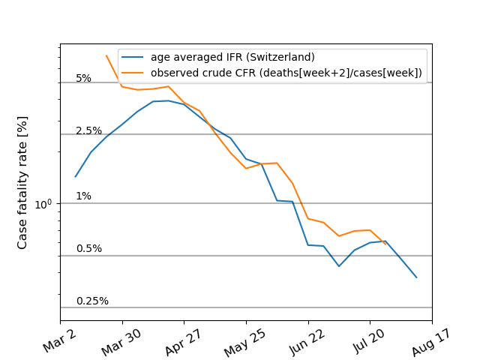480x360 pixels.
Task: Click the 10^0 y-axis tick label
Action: tap(46, 203)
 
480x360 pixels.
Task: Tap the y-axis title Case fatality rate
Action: tap(22, 182)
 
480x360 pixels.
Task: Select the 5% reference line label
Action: tap(83, 79)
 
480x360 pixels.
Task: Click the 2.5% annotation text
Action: tap(88, 131)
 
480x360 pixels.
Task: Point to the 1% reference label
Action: tap(83, 196)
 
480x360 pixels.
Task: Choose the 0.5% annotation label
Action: tap(88, 249)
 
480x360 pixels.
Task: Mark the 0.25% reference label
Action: tap(92, 301)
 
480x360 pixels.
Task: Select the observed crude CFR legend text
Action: tap(286, 73)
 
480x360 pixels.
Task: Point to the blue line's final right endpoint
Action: tap(416, 277)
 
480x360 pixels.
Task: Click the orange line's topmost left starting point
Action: tap(106, 55)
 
